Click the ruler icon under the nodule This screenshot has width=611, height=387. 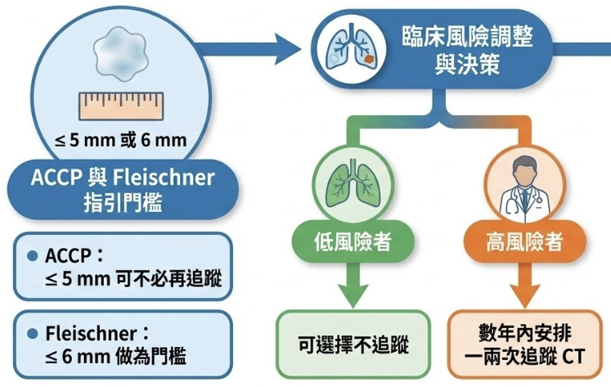120,106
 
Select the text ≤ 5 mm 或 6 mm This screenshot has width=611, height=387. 120,140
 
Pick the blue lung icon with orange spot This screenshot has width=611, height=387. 348,48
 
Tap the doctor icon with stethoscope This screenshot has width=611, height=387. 523,187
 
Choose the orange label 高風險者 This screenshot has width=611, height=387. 524,242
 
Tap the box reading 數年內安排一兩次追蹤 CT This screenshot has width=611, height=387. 524,344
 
